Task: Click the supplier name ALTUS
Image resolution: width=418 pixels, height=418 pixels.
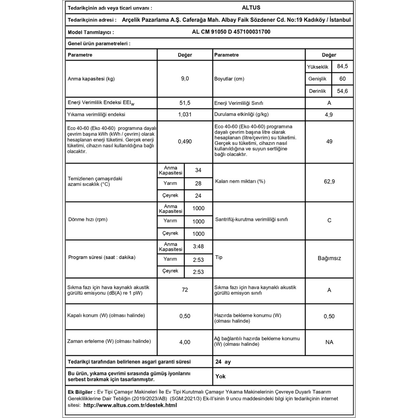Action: [251, 8]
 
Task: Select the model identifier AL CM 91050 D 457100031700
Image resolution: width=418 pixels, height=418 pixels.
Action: [231, 32]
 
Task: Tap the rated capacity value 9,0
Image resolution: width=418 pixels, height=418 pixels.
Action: [185, 79]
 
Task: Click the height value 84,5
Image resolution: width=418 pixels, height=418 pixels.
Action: [342, 66]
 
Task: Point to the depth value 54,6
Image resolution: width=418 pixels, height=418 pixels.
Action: [342, 91]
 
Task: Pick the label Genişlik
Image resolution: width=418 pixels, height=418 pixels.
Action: [317, 79]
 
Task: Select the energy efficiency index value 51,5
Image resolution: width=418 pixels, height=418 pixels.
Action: [185, 103]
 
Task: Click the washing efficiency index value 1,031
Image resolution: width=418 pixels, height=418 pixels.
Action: [185, 115]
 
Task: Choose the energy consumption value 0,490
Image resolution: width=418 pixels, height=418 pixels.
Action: [185, 141]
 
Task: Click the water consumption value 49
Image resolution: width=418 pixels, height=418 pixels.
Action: [329, 141]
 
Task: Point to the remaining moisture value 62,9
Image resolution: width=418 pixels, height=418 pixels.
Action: [329, 181]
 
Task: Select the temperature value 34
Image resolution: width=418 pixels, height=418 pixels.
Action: [198, 170]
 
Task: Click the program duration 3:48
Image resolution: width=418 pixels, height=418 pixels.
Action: [198, 247]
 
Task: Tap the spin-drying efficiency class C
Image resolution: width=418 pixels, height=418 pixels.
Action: [329, 220]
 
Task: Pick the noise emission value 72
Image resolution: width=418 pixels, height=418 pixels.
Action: [185, 290]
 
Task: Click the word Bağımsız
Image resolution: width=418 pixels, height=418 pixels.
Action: [329, 258]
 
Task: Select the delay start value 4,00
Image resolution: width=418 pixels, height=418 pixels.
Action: [185, 342]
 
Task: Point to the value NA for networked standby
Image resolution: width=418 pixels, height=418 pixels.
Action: [329, 342]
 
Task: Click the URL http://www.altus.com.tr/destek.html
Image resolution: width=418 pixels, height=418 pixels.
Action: [130, 405]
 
